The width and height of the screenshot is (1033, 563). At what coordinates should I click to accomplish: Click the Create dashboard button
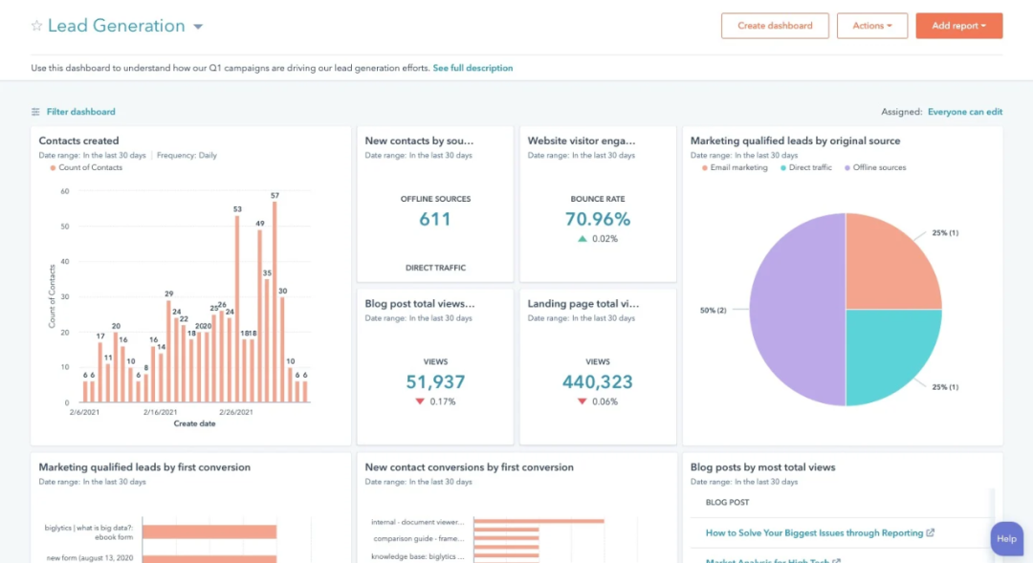click(x=775, y=26)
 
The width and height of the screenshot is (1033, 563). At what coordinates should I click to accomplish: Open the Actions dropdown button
click(x=871, y=26)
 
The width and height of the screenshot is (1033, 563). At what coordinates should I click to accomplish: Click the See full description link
click(x=473, y=69)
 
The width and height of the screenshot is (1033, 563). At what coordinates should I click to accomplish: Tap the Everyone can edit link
click(x=964, y=112)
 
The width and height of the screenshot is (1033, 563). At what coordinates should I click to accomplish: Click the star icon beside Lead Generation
click(x=36, y=26)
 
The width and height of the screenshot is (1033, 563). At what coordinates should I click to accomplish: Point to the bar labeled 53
click(x=237, y=308)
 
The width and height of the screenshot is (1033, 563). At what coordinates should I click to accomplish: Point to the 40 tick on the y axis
click(x=65, y=262)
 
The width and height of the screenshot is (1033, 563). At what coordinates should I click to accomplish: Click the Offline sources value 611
click(x=435, y=219)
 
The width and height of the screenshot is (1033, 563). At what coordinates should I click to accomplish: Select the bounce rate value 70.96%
click(x=598, y=219)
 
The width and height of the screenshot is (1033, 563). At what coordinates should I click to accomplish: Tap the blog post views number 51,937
click(x=435, y=382)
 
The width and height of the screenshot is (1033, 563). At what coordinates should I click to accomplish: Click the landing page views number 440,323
click(x=598, y=382)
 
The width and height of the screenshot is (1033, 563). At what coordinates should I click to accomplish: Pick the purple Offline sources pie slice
click(x=794, y=310)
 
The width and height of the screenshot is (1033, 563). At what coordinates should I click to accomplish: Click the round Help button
click(x=1006, y=538)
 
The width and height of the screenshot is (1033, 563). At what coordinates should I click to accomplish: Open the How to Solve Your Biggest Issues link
click(x=814, y=533)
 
